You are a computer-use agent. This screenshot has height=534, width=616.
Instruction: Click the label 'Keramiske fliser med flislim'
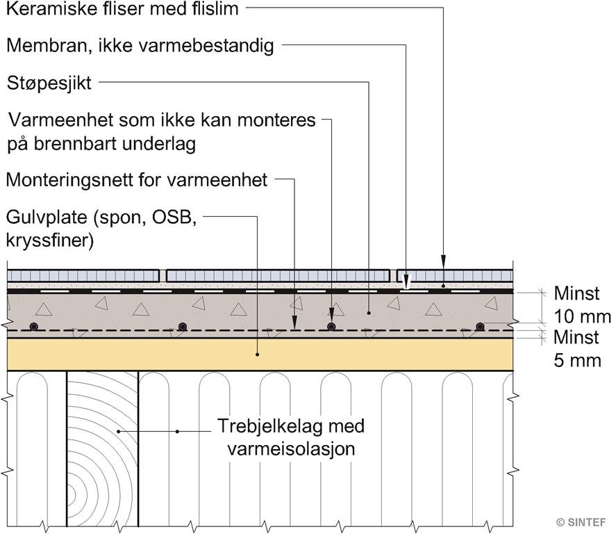[x=122, y=8]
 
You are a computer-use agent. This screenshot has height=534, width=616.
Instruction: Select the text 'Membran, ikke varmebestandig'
[x=140, y=46]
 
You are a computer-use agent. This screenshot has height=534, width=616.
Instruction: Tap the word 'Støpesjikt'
[x=49, y=83]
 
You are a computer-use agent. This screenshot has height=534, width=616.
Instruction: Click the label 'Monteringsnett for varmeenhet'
[x=137, y=180]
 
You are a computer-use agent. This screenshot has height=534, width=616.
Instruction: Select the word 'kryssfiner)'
[x=50, y=241]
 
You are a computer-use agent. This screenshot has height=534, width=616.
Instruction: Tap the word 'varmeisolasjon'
[x=291, y=448]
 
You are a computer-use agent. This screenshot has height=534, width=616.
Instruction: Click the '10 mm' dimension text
[x=582, y=316]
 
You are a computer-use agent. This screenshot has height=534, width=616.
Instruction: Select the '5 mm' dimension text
[x=578, y=361]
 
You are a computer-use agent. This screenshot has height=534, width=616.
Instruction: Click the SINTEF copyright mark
[x=581, y=522]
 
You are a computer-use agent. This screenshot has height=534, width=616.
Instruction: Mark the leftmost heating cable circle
[x=35, y=327]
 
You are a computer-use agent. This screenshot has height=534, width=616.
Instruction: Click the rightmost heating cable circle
[x=480, y=326]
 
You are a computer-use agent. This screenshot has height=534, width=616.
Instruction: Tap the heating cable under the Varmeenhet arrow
[x=331, y=326]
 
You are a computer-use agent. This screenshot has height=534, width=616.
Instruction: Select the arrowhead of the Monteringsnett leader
[x=294, y=324]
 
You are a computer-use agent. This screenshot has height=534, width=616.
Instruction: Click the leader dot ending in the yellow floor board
[x=258, y=355]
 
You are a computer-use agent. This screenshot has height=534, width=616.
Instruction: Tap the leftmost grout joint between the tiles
[x=163, y=275]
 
